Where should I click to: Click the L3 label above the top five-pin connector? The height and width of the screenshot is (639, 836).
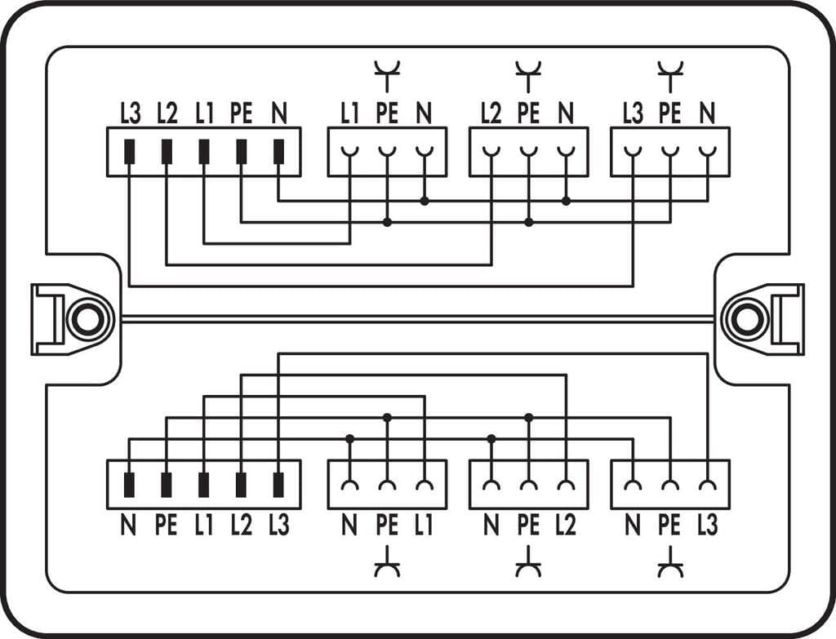[x=130, y=113]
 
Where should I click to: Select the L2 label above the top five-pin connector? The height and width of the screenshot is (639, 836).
[x=167, y=113]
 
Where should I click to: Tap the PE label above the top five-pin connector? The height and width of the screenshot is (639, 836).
[x=240, y=113]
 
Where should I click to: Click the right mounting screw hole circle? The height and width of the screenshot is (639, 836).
[x=747, y=319]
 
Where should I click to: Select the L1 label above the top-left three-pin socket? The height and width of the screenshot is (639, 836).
[x=350, y=113]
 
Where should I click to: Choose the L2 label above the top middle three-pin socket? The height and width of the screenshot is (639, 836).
[x=491, y=113]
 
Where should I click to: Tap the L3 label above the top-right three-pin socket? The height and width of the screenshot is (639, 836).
[x=633, y=113]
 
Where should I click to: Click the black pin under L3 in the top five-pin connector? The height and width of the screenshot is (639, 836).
[x=129, y=152]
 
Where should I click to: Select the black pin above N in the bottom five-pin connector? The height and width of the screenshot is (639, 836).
[x=129, y=485]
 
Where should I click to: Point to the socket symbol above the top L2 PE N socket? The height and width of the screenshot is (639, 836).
[x=528, y=76]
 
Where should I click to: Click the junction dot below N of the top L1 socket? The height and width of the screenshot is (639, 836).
[x=425, y=200]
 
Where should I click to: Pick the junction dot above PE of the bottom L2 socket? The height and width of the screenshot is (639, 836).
[x=528, y=418]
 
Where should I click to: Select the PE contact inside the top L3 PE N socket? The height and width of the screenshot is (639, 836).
[x=670, y=152]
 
